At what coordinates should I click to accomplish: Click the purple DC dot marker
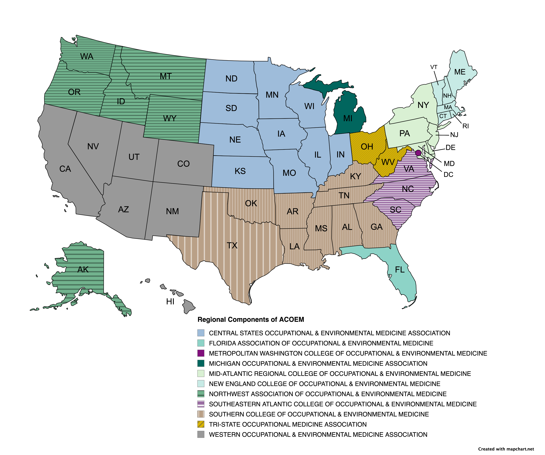coord(418,153)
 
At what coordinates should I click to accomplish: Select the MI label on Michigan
coord(348,118)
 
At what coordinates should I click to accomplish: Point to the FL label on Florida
coord(400,270)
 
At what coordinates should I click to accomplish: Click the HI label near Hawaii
coord(170,302)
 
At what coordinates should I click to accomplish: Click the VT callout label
coord(434,67)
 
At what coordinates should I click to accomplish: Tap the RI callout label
coord(466,126)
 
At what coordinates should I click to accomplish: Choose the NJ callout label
coord(454,135)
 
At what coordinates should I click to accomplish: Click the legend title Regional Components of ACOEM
coord(251,319)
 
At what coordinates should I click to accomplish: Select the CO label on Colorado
coord(183,164)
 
